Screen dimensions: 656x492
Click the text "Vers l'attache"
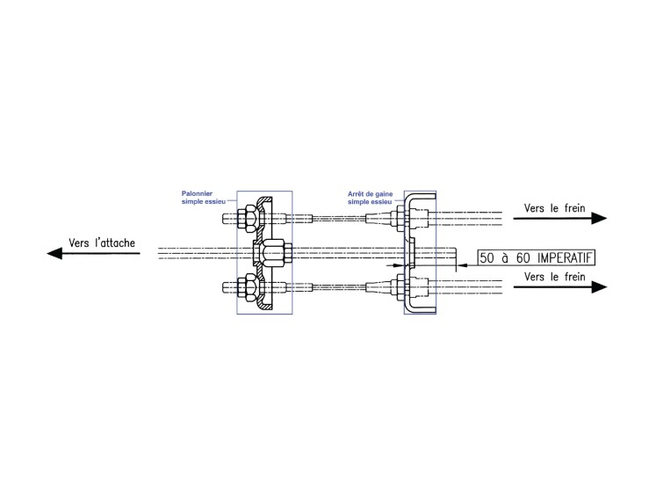pos(102,242)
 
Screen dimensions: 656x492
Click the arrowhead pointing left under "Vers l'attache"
pos(54,253)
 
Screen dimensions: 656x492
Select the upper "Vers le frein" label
pos(554,208)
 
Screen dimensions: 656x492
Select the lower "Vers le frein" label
pos(554,277)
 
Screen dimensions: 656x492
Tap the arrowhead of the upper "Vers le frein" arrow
pos(599,218)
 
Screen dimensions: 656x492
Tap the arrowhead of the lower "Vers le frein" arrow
pos(599,286)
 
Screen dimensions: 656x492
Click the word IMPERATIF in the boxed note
pos(565,257)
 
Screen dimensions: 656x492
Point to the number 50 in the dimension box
pos(487,257)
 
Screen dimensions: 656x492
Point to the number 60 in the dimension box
pos(523,257)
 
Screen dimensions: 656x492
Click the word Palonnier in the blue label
pos(197,193)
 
